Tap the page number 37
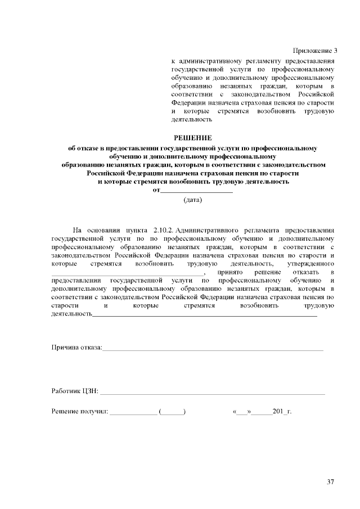click(330, 481)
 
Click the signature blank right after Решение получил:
click(134, 412)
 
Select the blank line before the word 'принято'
click(127, 274)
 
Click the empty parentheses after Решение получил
click(172, 411)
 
